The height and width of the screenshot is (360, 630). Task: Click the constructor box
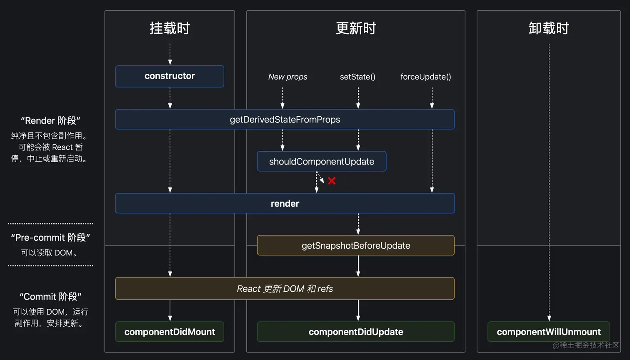point(170,76)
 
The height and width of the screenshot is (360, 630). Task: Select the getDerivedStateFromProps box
point(285,119)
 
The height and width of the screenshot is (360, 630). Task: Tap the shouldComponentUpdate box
point(322,161)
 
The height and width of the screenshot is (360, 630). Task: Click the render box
point(285,203)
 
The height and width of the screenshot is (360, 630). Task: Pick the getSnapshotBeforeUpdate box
point(355,245)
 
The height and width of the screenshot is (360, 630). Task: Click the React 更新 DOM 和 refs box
point(285,288)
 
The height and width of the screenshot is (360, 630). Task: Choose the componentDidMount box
point(170,332)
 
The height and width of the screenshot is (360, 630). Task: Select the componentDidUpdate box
point(355,332)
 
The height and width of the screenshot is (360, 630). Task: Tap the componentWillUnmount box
point(548,332)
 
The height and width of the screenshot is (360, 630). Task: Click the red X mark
point(332,181)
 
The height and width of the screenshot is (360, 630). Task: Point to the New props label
point(287,77)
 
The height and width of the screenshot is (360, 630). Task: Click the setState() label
point(357,77)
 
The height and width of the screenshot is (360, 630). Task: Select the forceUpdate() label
point(425,77)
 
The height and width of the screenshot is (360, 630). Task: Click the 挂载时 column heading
point(170,28)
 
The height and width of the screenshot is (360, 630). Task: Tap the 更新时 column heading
point(356,28)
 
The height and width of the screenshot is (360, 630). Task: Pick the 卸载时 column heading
point(549,28)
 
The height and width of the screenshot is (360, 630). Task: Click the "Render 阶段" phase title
point(50,121)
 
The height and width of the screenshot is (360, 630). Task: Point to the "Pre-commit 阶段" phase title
point(50,237)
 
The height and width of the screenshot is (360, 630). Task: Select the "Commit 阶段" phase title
point(50,297)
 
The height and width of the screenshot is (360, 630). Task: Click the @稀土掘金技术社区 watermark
point(586,345)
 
